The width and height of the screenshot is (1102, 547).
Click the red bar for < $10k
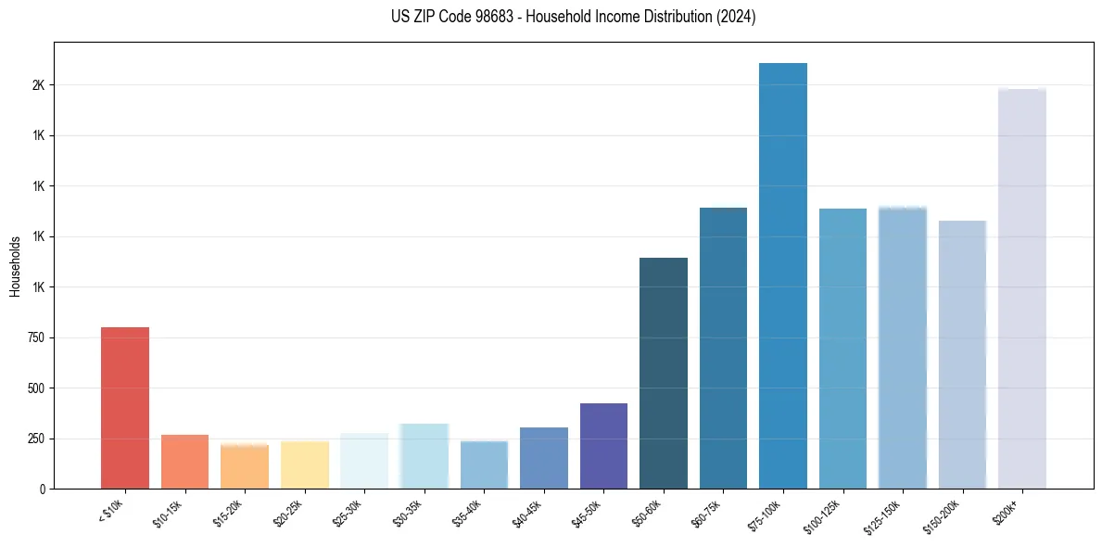pyautogui.click(x=125, y=408)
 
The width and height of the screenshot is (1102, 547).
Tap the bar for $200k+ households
pyautogui.click(x=1022, y=288)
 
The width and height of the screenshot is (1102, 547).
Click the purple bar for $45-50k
pyautogui.click(x=603, y=446)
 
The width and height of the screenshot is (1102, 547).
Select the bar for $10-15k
pyautogui.click(x=184, y=462)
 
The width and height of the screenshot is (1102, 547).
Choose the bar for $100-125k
pyautogui.click(x=842, y=349)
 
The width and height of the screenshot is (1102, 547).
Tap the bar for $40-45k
pyautogui.click(x=544, y=458)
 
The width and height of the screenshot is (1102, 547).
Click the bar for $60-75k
pyautogui.click(x=723, y=348)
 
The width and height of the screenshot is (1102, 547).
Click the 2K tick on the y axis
pyautogui.click(x=38, y=85)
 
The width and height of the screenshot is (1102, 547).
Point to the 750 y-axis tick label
pyautogui.click(x=35, y=337)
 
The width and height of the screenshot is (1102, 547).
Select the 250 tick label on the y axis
pyautogui.click(x=35, y=439)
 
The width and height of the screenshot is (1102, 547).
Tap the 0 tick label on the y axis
pyautogui.click(x=43, y=489)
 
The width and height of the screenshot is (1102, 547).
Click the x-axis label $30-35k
pyautogui.click(x=409, y=513)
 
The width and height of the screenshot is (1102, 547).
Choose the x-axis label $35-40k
pyautogui.click(x=468, y=513)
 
